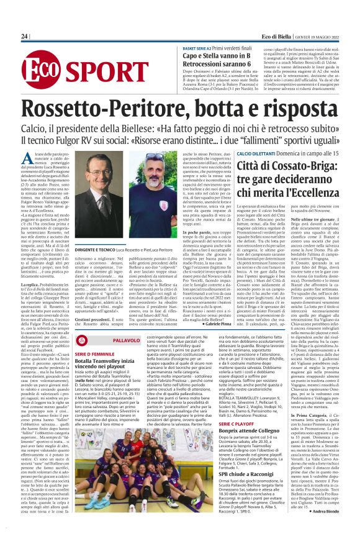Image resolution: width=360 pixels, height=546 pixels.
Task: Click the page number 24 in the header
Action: (x=24, y=37)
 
